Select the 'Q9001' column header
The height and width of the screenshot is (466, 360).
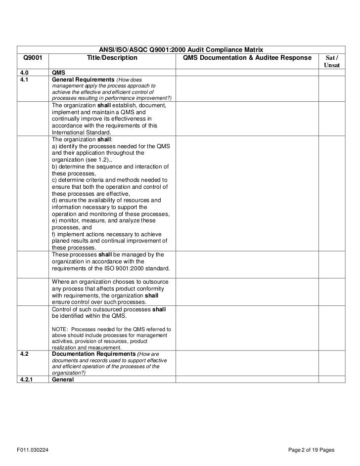pyautogui.click(x=31, y=58)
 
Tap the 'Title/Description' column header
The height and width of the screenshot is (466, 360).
pyautogui.click(x=112, y=58)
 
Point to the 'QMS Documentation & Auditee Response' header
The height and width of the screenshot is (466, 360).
pyautogui.click(x=247, y=58)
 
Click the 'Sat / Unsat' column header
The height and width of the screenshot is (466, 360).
pyautogui.click(x=331, y=61)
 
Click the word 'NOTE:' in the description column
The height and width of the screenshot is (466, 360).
pyautogui.click(x=60, y=329)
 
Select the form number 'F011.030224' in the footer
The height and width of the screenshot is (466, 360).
pyautogui.click(x=32, y=450)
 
